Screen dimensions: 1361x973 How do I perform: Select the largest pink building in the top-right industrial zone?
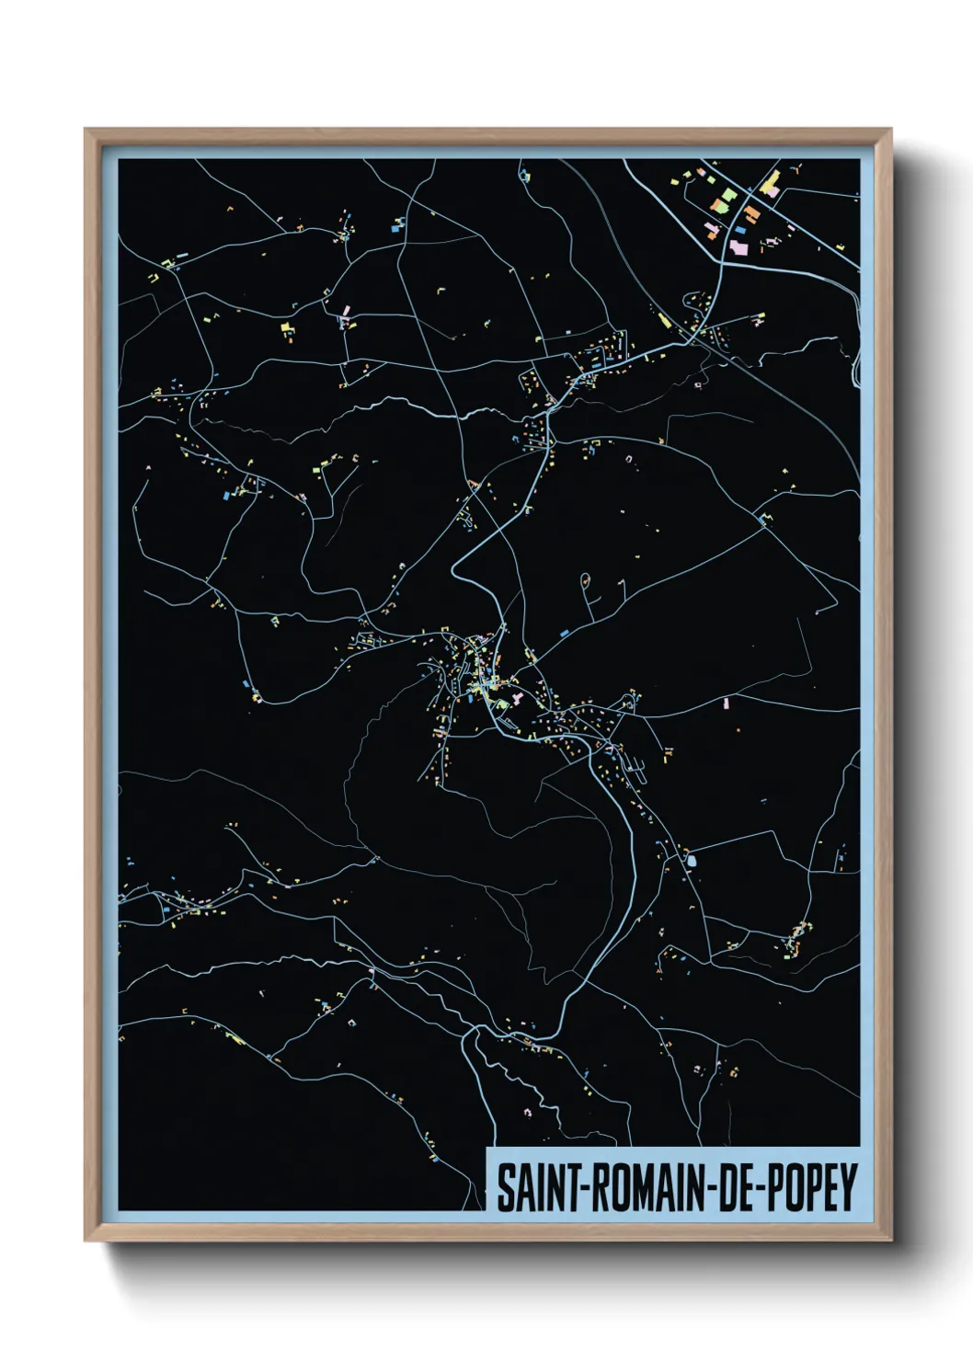tap(738, 247)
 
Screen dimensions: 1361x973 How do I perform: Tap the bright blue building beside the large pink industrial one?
tap(741, 230)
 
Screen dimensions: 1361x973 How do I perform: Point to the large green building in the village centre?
tap(502, 703)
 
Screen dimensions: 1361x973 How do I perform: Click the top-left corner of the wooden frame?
tap(86, 130)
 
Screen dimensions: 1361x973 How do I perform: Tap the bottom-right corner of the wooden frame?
tap(891, 1241)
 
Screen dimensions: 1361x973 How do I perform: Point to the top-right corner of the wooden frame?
tap(891, 130)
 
